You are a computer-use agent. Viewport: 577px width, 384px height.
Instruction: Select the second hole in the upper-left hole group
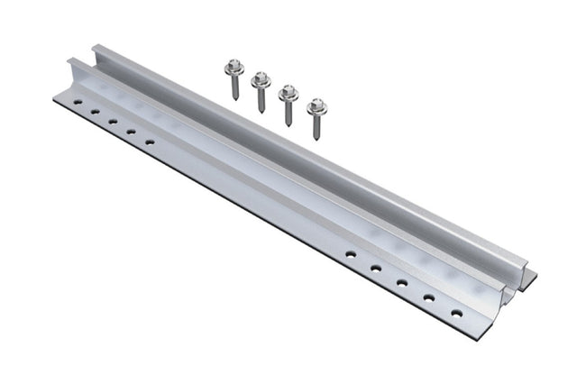(x=94, y=113)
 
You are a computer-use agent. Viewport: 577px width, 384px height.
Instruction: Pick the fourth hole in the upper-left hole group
(x=131, y=132)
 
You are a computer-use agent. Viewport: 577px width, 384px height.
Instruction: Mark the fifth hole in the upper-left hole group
(x=150, y=142)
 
